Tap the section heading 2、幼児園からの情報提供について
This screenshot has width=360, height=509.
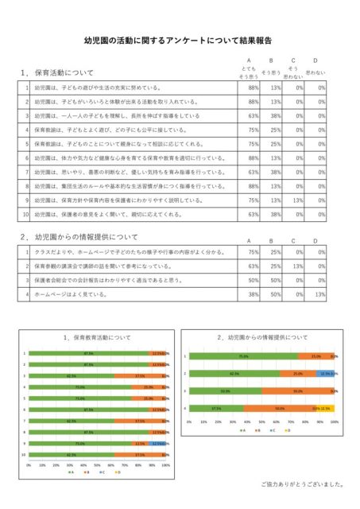click(x=79, y=237)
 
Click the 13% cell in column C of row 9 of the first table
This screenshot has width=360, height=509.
click(x=299, y=201)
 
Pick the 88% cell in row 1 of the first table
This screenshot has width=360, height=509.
click(x=254, y=88)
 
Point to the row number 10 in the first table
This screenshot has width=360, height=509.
click(x=26, y=214)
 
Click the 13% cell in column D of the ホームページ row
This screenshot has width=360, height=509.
click(x=320, y=294)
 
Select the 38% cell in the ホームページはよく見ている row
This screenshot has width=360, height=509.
click(x=254, y=294)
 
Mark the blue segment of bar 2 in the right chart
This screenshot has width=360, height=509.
click(x=326, y=373)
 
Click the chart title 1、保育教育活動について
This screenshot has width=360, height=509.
click(x=96, y=338)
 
